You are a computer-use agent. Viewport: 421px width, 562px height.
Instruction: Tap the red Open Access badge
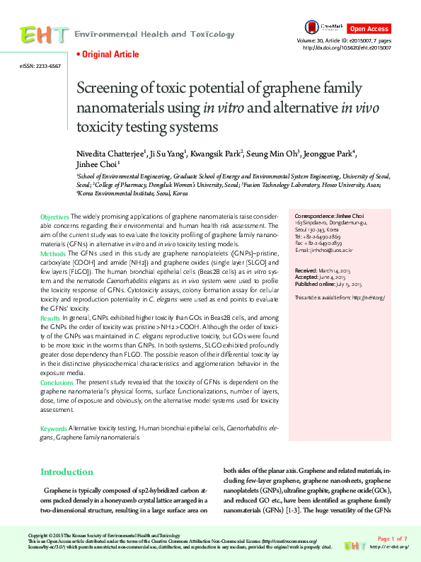click(x=369, y=29)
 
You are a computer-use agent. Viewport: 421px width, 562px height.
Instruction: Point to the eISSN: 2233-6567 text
click(x=40, y=66)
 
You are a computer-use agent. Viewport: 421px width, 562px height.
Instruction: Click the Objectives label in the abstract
click(x=54, y=215)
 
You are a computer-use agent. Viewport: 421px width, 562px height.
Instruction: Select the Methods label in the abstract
click(x=52, y=253)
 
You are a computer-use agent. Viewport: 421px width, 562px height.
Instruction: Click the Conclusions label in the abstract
click(x=57, y=383)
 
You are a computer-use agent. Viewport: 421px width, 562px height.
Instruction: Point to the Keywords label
click(x=53, y=429)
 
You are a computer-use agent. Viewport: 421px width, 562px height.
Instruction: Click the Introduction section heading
click(x=67, y=471)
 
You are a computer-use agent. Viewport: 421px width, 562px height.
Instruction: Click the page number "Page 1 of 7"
click(x=392, y=539)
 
